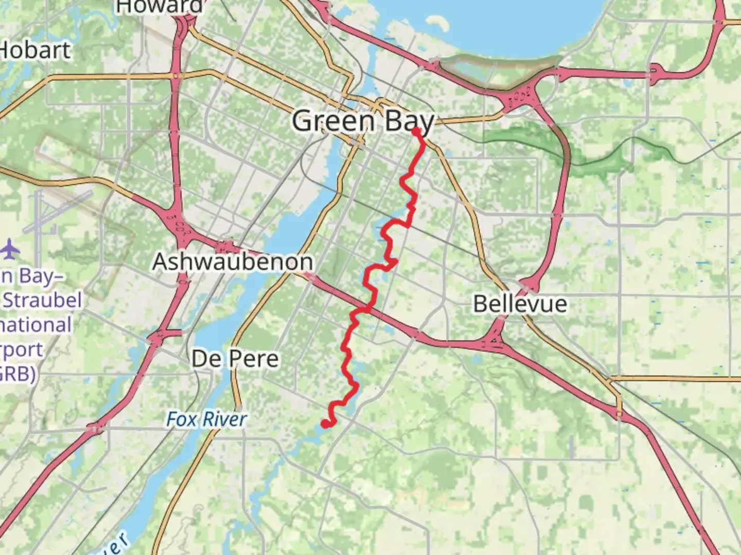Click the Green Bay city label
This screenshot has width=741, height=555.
(x=363, y=121)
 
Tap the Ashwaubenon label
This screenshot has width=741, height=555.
(x=233, y=262)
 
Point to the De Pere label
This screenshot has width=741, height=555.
(x=235, y=358)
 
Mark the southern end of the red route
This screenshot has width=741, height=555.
(x=325, y=423)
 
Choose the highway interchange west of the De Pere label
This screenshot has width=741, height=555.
(x=156, y=338)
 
